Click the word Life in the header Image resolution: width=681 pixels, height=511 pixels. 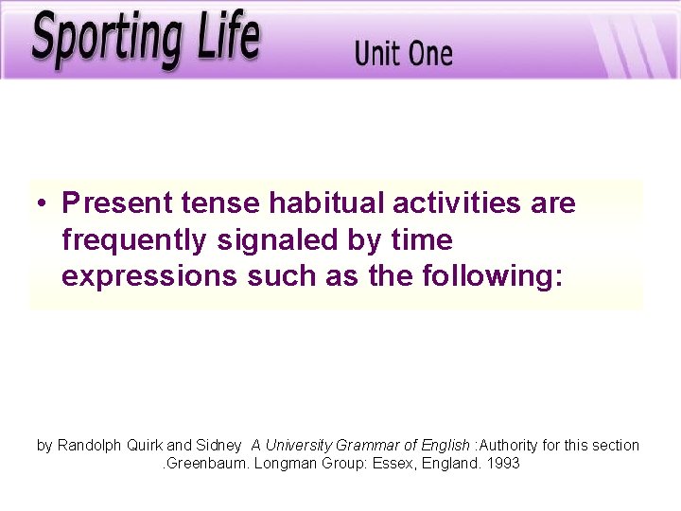(x=223, y=36)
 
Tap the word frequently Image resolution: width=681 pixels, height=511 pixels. (x=135, y=240)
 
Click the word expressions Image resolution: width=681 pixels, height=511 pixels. (x=135, y=276)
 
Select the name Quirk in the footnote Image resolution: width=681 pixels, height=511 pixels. (x=144, y=445)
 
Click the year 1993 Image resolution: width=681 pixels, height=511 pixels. (x=503, y=464)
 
